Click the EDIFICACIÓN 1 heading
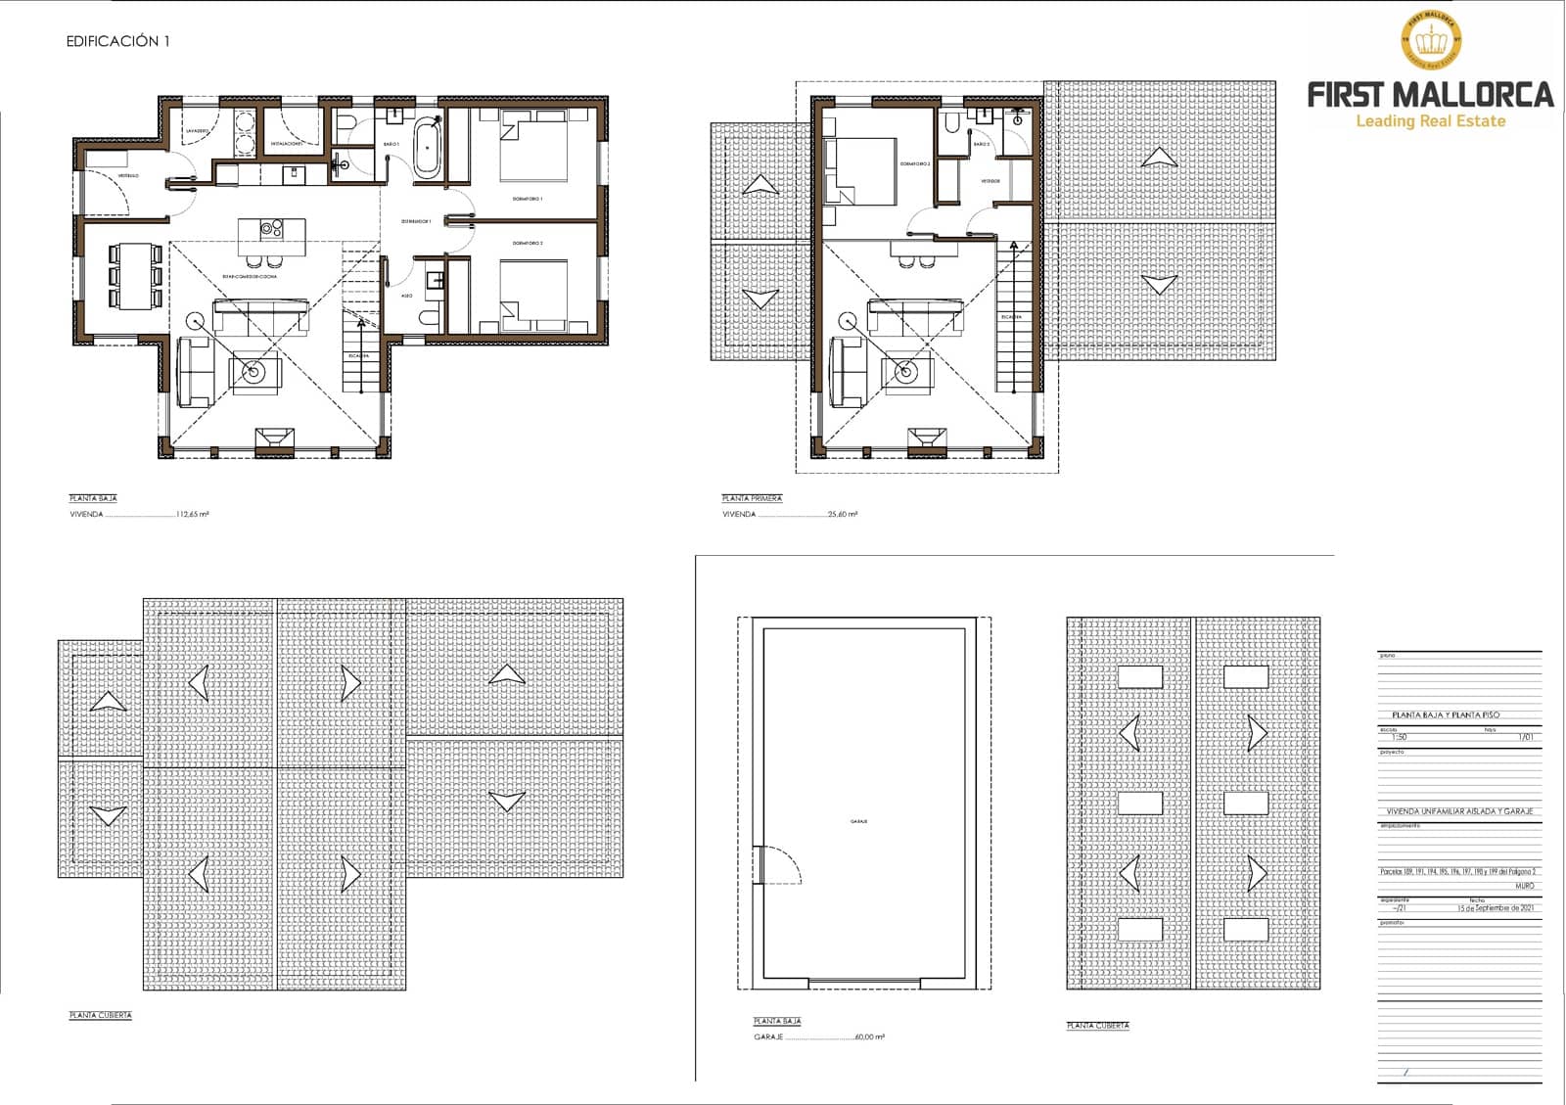[x=117, y=41]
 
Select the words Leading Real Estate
[x=1430, y=121]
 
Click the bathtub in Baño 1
[x=427, y=149]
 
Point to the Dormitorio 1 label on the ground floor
[x=528, y=199]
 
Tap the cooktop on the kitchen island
[x=271, y=229]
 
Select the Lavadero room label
[x=197, y=130]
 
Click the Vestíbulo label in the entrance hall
[x=129, y=175]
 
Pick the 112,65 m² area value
[x=192, y=514]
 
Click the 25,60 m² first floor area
[x=843, y=514]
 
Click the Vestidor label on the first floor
[x=990, y=181]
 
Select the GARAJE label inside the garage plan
[x=859, y=821]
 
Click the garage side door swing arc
[x=783, y=865]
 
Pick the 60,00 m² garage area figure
[x=869, y=1036]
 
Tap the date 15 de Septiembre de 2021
[x=1495, y=907]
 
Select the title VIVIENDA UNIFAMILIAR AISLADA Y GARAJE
[x=1458, y=811]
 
